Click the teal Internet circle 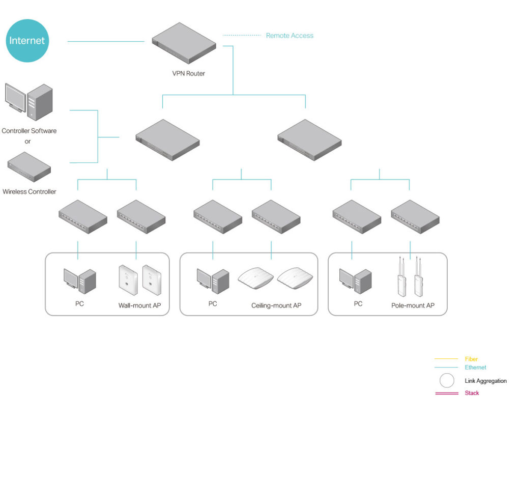(x=27, y=41)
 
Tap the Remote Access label (x=290, y=36)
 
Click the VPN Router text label (x=188, y=73)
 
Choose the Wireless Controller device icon (x=29, y=166)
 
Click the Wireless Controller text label (x=30, y=192)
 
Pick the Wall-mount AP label (x=139, y=306)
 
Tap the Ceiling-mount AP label (x=276, y=305)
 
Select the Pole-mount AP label (x=413, y=306)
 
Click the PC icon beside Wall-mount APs (x=79, y=280)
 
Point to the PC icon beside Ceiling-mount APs (x=213, y=280)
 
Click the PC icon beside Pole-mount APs (x=356, y=280)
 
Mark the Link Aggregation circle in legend (x=447, y=381)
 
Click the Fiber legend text (x=471, y=359)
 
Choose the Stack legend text (x=472, y=393)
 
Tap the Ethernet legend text (x=475, y=368)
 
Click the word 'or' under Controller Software (x=27, y=142)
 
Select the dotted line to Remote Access (x=242, y=36)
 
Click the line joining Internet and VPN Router (x=106, y=42)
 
